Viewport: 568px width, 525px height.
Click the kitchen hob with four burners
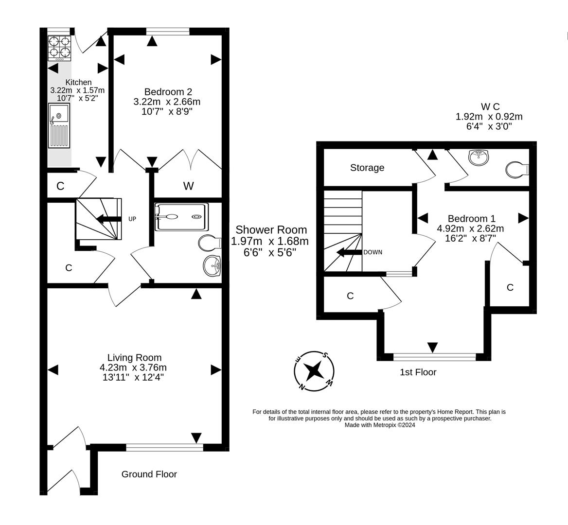click(59, 48)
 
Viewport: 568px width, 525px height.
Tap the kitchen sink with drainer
click(59, 125)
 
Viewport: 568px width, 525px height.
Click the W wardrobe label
click(188, 186)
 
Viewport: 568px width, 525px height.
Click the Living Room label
click(134, 358)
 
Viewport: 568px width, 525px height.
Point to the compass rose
click(314, 371)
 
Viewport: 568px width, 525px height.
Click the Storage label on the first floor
click(367, 168)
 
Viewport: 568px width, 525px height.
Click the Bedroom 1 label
click(471, 219)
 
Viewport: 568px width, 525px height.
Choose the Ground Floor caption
click(149, 474)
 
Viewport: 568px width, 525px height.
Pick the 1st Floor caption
click(418, 372)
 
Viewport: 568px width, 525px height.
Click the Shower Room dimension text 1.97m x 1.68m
click(270, 242)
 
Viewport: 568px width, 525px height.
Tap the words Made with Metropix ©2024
click(379, 425)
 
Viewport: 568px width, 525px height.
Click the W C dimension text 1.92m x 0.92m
click(489, 117)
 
